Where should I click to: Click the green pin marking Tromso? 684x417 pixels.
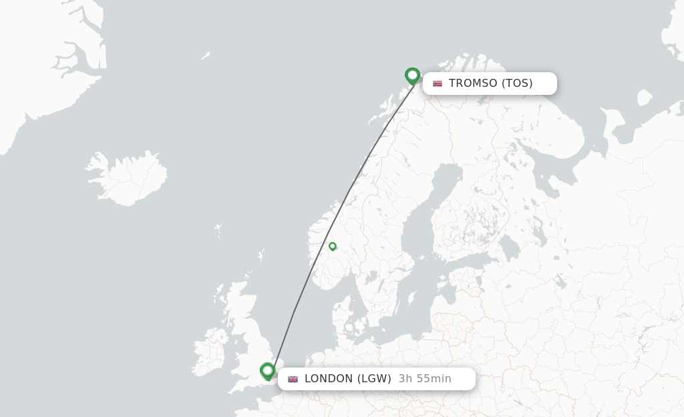[x=412, y=75]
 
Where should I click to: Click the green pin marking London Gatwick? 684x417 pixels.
[x=268, y=370]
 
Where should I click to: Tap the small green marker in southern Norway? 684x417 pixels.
[x=332, y=246]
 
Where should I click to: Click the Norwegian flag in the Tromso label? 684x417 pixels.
[x=438, y=84]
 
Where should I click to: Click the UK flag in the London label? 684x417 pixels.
[x=293, y=379]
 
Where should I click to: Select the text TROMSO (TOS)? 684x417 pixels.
[x=490, y=84]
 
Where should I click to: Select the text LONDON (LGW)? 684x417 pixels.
[x=347, y=379]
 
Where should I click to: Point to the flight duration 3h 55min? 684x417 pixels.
[x=425, y=379]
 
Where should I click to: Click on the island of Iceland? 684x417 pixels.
[x=127, y=177]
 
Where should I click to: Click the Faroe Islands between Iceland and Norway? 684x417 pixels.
[x=218, y=231]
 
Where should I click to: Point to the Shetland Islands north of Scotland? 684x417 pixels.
[x=261, y=255]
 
